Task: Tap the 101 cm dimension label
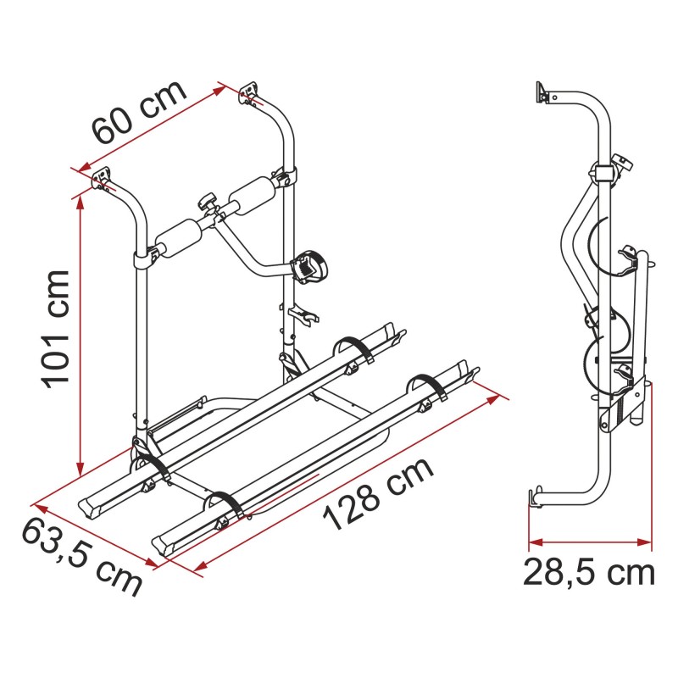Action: click(55, 330)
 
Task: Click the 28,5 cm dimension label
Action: click(589, 573)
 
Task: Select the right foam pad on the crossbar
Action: click(252, 195)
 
